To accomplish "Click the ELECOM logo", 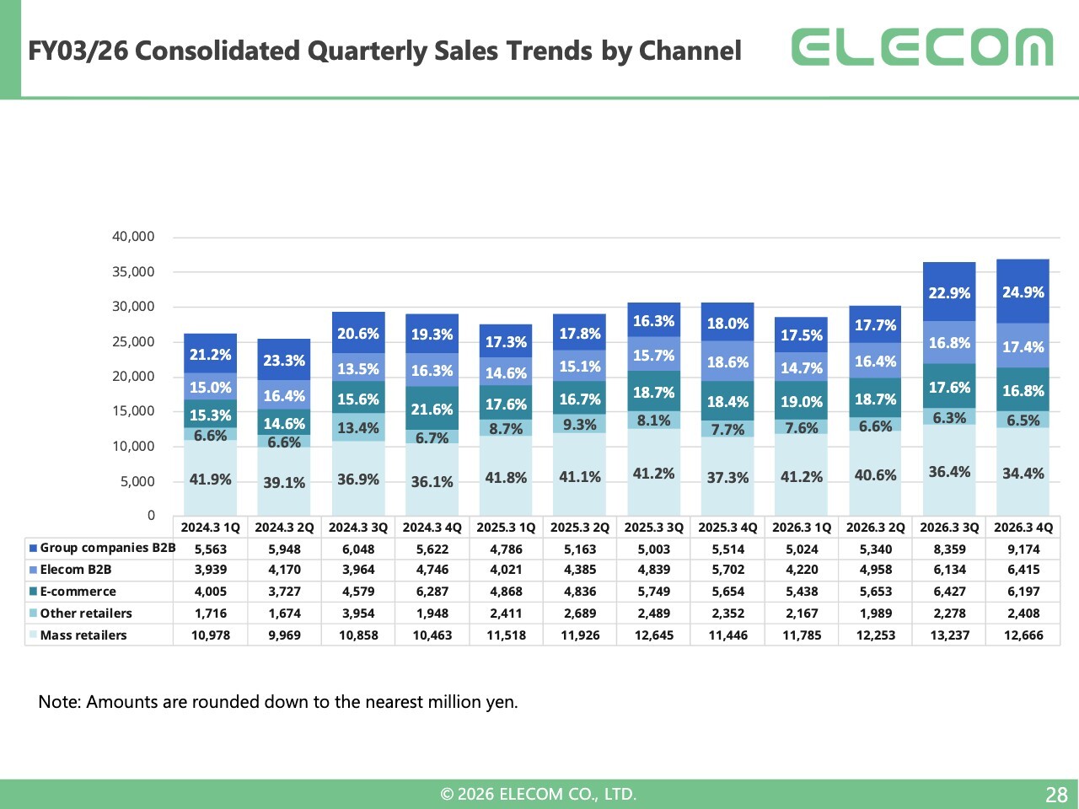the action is (921, 46).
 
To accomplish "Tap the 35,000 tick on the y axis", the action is (133, 271).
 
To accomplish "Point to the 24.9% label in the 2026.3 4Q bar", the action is (1023, 292).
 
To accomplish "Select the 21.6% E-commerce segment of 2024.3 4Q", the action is (432, 408).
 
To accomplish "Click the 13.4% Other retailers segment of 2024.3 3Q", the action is (358, 427).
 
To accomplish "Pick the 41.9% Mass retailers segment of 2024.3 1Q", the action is (211, 478).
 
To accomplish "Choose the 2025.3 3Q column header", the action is (654, 528).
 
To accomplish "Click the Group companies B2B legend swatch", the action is (33, 548).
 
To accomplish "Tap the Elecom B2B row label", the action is (76, 570).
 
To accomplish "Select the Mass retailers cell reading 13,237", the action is (950, 635).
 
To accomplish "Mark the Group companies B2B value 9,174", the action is (1023, 549).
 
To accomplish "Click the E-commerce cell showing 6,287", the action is (432, 592).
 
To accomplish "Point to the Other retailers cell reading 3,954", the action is (358, 613).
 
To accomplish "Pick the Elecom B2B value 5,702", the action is (728, 570).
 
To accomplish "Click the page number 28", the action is (1056, 795).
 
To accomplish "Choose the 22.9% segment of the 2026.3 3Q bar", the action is (949, 292).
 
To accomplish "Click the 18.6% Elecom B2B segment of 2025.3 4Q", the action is (727, 361).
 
